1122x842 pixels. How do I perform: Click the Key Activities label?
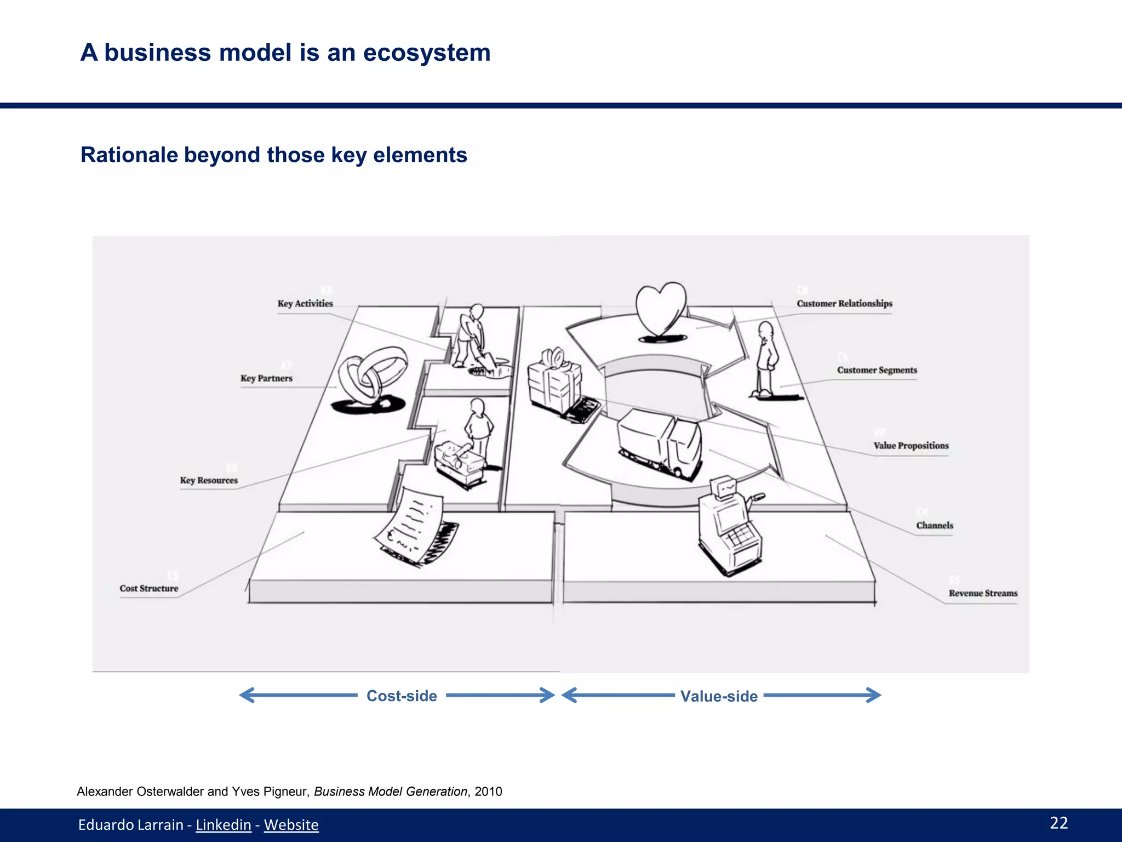305,304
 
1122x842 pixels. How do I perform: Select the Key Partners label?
266,378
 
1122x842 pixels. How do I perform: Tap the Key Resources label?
209,480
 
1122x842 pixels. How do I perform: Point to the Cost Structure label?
149,588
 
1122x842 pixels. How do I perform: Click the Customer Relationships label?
844,304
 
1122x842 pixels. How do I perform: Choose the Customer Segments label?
877,370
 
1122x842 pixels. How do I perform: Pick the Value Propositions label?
911,446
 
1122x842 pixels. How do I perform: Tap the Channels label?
935,525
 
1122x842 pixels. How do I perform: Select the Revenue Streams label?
983,593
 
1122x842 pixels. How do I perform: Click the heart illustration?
661,310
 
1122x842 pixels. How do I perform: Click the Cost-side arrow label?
402,696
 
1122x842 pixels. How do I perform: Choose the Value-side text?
719,696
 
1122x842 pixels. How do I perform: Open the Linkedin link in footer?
223,825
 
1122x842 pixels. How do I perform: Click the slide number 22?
1058,823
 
